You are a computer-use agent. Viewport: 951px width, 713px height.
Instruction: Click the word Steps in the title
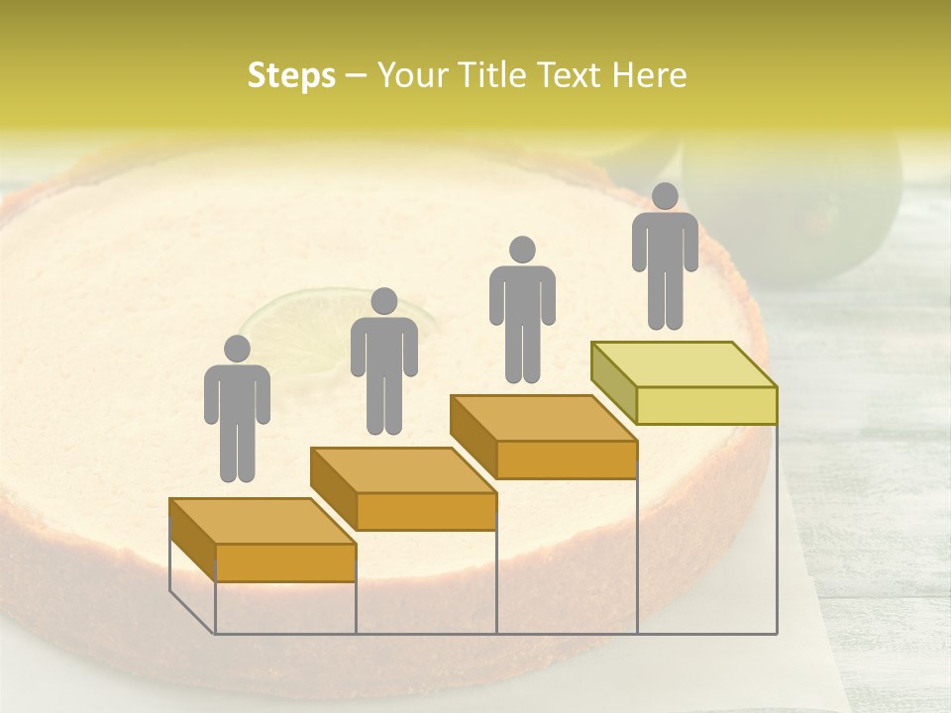pos(291,75)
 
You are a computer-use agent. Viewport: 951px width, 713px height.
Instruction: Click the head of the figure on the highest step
pos(665,196)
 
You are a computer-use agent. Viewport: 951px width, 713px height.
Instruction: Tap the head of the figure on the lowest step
pos(237,349)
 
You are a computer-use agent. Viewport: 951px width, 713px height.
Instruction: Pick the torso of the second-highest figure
pos(522,297)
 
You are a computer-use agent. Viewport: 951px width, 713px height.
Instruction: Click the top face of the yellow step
pos(684,364)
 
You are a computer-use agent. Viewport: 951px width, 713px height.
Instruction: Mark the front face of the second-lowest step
pos(426,511)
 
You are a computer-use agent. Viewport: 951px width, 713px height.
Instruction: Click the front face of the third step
pos(567,459)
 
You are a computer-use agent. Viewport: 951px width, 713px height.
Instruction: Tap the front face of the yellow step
pos(706,405)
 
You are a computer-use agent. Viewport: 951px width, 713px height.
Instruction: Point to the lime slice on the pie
pos(287,322)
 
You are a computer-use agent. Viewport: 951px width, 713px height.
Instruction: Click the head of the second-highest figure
pos(522,250)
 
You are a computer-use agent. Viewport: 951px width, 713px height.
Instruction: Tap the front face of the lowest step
pos(285,562)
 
